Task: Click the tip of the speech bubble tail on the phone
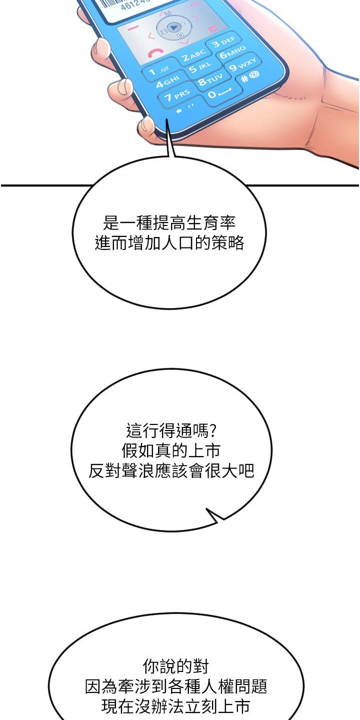166,119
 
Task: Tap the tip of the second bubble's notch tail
206,509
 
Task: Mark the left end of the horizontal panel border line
1,185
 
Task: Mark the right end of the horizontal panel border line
358,185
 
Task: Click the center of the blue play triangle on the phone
173,27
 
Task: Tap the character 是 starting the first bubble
111,223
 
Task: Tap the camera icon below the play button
180,34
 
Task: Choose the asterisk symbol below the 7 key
179,111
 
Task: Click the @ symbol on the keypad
254,74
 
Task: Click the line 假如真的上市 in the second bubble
171,450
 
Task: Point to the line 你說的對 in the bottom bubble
175,665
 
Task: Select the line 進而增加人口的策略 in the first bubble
169,242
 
